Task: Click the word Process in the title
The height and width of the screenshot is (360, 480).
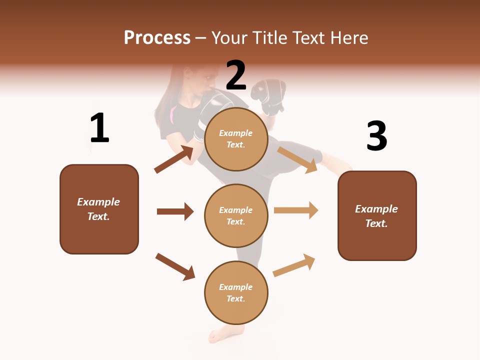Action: [157, 38]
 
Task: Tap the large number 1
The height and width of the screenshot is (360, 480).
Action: [99, 128]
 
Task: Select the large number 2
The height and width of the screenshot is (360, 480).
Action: [236, 75]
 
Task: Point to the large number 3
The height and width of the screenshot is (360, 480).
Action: [376, 136]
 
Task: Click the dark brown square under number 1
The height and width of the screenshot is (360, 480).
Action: [99, 209]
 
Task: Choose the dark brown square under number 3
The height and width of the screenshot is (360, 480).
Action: [377, 216]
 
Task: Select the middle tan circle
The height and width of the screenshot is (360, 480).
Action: [236, 215]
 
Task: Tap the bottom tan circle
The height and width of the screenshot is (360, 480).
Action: [236, 292]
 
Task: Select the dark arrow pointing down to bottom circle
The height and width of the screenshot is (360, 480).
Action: [175, 266]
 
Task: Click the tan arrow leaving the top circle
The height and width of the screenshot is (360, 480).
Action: [297, 159]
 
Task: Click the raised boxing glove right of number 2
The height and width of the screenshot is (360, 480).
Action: [269, 95]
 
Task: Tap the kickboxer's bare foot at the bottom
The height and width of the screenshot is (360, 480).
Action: [222, 333]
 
